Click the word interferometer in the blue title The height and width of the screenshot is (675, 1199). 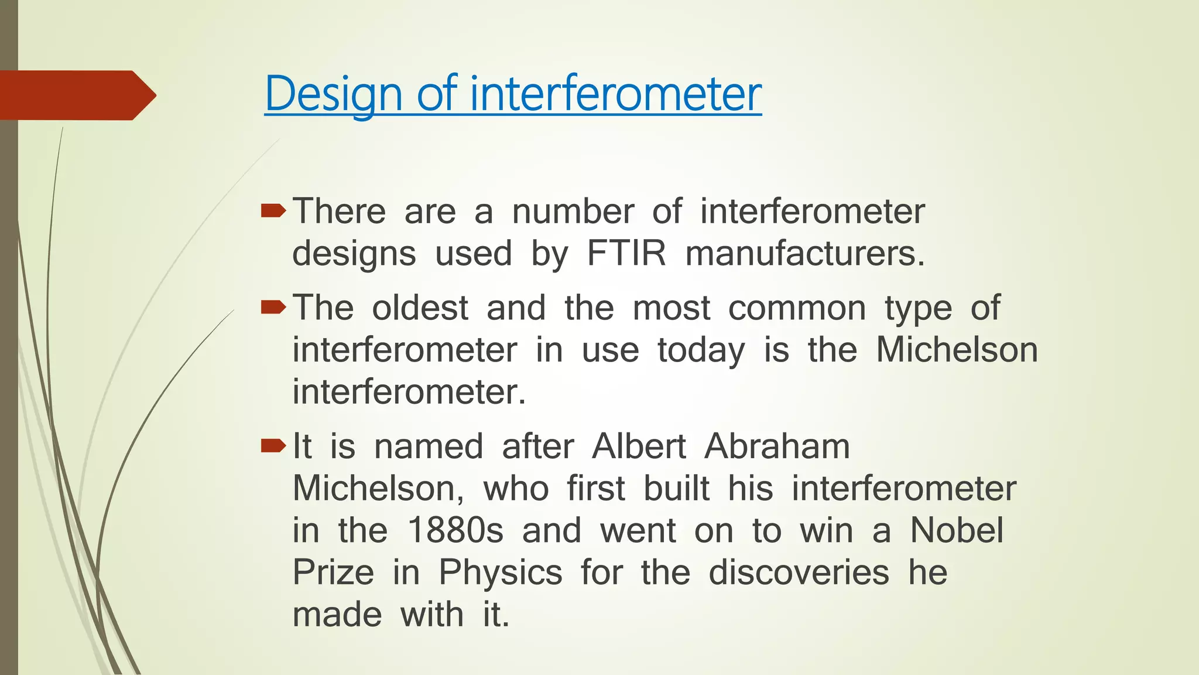615,94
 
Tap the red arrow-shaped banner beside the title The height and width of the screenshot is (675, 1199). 76,95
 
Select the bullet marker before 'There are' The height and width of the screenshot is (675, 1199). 273,211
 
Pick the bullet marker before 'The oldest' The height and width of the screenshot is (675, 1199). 273,307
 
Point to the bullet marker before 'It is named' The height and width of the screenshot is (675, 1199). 273,446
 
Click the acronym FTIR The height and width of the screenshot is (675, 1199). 626,254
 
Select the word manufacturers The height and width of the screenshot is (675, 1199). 805,254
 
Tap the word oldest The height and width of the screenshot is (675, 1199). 420,308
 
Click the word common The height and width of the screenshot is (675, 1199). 796,308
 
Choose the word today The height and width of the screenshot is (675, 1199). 701,350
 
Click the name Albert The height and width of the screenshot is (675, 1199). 638,446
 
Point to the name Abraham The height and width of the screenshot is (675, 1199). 776,446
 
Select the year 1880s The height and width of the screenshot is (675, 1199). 455,530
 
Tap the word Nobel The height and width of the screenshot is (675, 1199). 957,530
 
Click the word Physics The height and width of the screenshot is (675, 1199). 501,572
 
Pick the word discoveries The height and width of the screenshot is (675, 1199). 799,572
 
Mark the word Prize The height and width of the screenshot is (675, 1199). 333,572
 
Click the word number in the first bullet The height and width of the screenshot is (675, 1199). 573,212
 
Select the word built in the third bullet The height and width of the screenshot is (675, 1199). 676,488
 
